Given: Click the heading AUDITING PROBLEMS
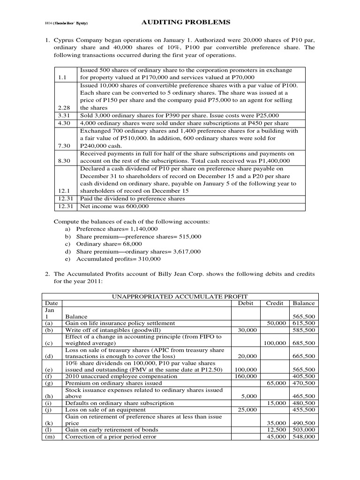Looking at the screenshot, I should [x=180, y=22].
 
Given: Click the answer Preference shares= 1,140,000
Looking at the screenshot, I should [x=117, y=229].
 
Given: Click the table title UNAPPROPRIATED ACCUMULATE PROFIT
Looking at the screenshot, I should [x=180, y=296].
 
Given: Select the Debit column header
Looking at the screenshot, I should [x=246, y=303].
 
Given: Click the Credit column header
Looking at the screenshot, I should [x=275, y=303].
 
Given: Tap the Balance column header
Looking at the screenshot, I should [x=303, y=303].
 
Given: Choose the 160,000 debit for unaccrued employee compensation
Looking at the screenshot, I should [x=246, y=376].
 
